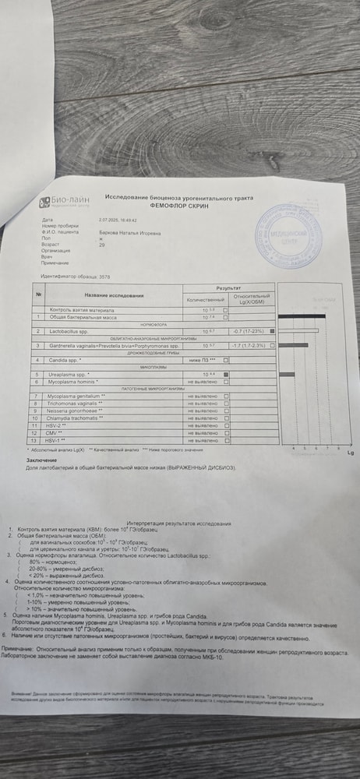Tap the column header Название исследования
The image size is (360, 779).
pyautogui.click(x=115, y=295)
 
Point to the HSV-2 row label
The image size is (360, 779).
pyautogui.click(x=58, y=426)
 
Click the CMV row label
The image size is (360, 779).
pyautogui.click(x=56, y=433)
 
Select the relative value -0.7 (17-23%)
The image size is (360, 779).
pyautogui.click(x=249, y=331)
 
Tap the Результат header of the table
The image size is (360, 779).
pyautogui.click(x=228, y=287)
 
